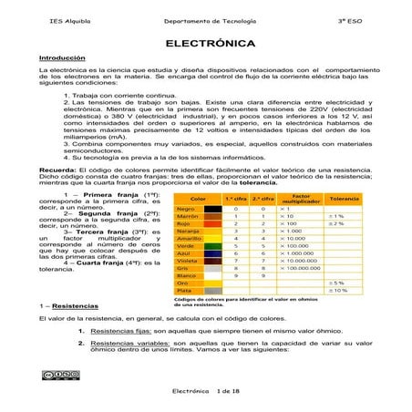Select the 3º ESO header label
point(363,19)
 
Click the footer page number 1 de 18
point(225,390)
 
